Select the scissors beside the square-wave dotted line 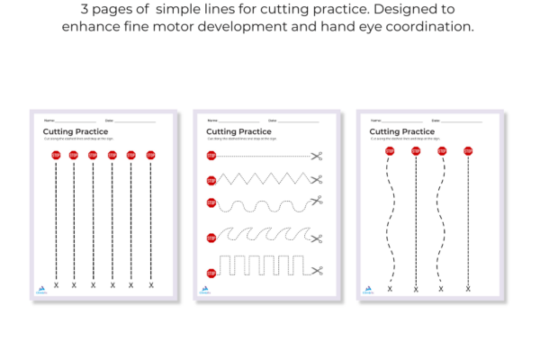(x=316, y=271)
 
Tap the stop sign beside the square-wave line (x=211, y=272)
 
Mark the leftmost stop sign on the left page (x=56, y=155)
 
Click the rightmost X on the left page (x=151, y=284)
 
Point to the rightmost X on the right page (x=468, y=288)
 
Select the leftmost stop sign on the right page (x=390, y=151)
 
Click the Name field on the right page (x=396, y=121)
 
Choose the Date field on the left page (x=130, y=121)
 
